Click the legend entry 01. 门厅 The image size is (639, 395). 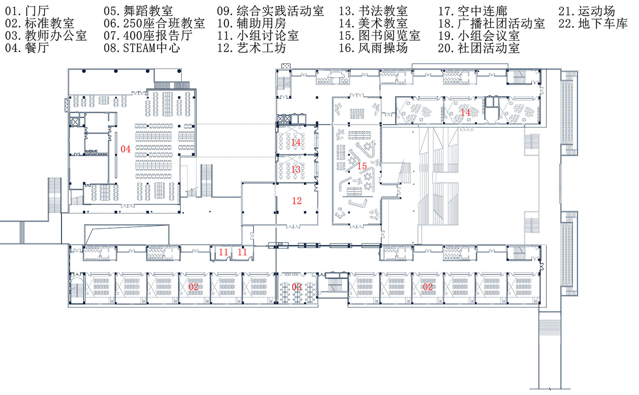[27, 11]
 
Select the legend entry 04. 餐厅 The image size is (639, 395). [27, 48]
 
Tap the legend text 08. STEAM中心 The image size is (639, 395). [142, 48]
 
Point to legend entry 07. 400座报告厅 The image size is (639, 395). [148, 36]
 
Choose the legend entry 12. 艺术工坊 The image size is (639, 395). [251, 48]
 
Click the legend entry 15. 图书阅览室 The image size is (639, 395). [379, 36]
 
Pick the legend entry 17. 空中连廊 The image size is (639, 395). [472, 11]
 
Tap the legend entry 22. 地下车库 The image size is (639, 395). [593, 24]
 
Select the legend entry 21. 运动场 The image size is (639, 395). [587, 11]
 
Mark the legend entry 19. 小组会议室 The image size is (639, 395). [479, 36]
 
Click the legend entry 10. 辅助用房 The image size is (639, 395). [251, 24]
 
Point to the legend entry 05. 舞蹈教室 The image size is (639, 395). [138, 11]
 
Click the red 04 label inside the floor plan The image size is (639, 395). [126, 149]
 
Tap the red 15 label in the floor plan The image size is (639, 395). [362, 166]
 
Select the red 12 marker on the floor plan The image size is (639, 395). [297, 201]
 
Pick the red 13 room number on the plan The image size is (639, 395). [296, 170]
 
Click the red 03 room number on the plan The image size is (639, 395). [297, 287]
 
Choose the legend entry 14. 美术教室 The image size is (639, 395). [373, 24]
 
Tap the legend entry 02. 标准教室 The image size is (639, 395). [39, 24]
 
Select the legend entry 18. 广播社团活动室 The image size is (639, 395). [491, 24]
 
